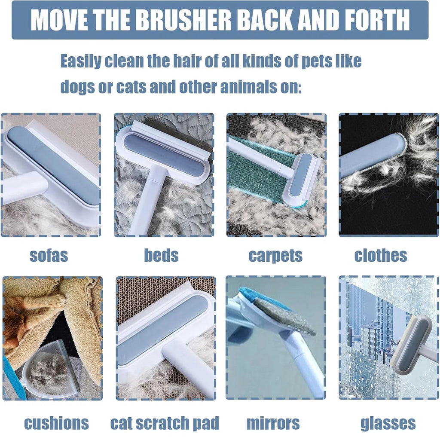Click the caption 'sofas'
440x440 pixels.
(49, 255)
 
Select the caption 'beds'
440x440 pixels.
(161, 255)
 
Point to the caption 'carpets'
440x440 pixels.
(275, 255)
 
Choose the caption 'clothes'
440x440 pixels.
(380, 255)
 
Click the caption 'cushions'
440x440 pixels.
(56, 423)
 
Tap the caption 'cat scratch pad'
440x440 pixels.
(165, 423)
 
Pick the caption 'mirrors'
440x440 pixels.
(273, 423)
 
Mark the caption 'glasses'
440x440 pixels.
(388, 423)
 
